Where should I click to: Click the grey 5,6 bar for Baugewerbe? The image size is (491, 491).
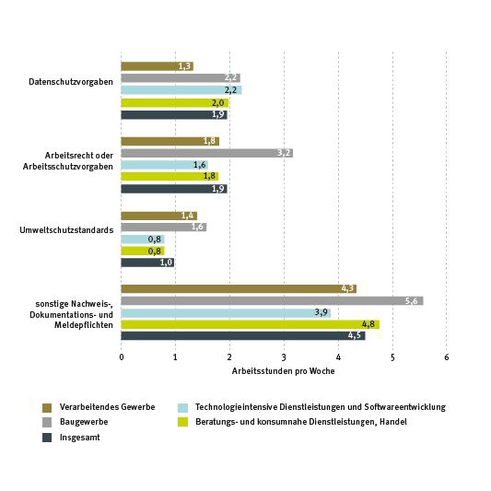click(x=272, y=301)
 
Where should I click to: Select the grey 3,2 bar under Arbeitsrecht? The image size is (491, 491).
click(x=207, y=153)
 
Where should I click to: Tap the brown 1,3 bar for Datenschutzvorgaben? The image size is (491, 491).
click(x=158, y=66)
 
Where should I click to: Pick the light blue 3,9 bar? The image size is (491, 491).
click(x=226, y=313)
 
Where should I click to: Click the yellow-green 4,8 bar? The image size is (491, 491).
click(x=251, y=324)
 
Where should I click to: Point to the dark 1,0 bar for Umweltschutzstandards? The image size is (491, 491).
click(x=147, y=263)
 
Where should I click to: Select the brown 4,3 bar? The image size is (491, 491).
click(x=239, y=288)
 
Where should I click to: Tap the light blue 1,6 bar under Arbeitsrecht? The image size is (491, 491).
click(x=164, y=165)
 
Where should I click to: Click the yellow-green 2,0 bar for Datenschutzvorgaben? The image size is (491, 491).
click(x=175, y=103)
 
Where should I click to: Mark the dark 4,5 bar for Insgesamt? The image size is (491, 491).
click(x=243, y=335)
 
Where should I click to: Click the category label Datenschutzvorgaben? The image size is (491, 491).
click(x=71, y=82)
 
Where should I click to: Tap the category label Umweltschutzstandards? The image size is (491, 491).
click(x=66, y=230)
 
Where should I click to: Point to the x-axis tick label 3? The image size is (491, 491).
click(x=284, y=357)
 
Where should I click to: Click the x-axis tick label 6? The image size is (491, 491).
click(x=447, y=357)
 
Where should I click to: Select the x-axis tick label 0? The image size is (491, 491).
click(x=122, y=357)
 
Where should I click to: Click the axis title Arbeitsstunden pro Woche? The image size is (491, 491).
click(x=284, y=371)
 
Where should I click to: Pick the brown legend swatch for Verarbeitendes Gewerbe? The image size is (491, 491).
click(x=47, y=408)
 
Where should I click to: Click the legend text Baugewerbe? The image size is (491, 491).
click(x=84, y=422)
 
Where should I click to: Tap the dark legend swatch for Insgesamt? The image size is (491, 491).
click(x=47, y=438)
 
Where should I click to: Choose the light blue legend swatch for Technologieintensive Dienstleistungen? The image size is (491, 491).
click(x=183, y=408)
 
